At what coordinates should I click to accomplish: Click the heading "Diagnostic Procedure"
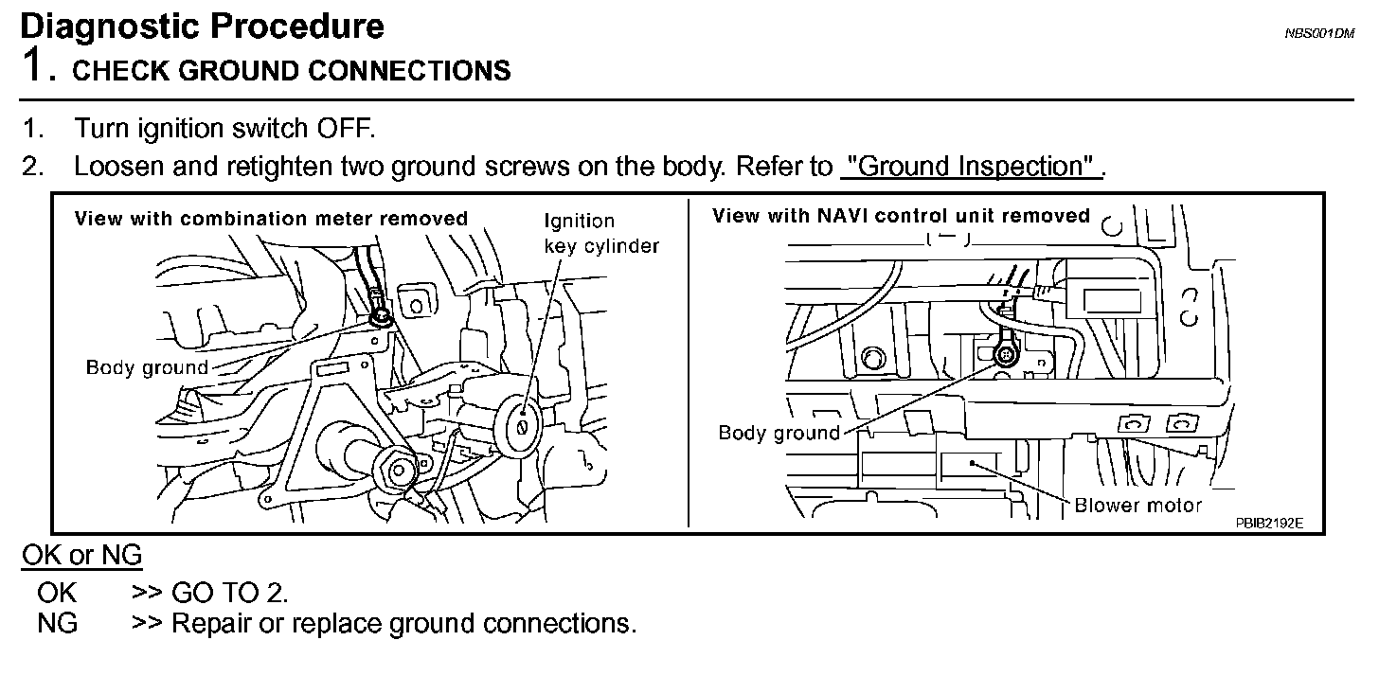[202, 26]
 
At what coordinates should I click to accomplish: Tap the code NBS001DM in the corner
[1319, 33]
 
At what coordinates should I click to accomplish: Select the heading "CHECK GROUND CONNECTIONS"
[292, 71]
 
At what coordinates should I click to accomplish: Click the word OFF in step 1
[347, 128]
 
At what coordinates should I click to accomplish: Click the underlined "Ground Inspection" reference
[970, 167]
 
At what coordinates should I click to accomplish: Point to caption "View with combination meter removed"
[271, 219]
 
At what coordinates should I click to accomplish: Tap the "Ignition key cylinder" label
[600, 233]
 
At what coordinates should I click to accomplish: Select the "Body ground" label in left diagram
[146, 367]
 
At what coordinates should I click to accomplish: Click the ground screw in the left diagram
[382, 315]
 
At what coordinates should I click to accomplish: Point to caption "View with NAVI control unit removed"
[901, 216]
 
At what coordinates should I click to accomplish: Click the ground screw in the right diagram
[1005, 355]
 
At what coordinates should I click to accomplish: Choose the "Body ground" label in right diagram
[779, 434]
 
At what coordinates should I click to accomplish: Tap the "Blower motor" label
[1137, 506]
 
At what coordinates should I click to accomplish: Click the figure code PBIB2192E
[1268, 522]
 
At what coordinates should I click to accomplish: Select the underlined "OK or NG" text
[82, 556]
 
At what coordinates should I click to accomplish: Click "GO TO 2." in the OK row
[228, 593]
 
